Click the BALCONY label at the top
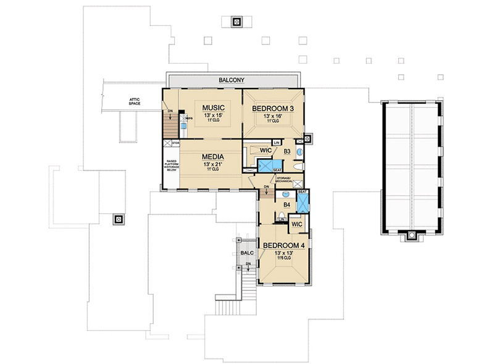click(232, 80)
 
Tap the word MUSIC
click(214, 108)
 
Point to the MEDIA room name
click(212, 157)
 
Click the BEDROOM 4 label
click(285, 245)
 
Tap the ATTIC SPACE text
click(135, 101)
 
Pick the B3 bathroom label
click(287, 151)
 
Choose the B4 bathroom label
click(287, 205)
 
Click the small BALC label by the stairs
click(246, 253)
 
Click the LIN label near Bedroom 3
click(277, 142)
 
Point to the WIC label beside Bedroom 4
click(296, 224)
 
